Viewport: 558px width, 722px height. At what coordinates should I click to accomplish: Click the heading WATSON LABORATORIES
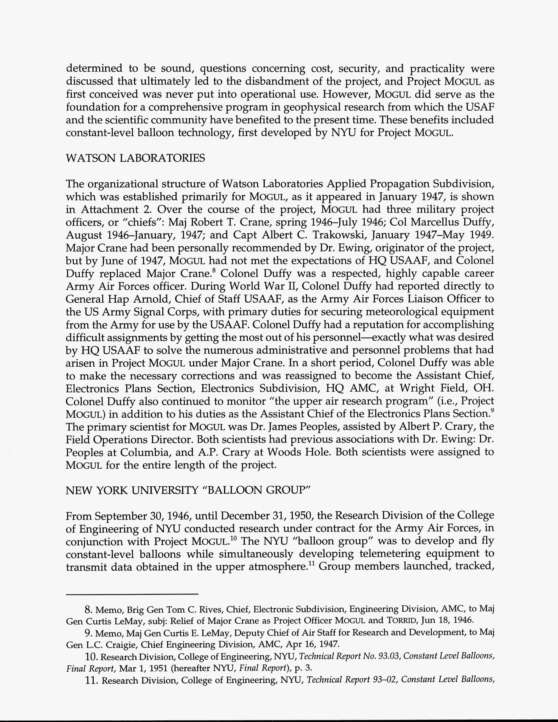135,158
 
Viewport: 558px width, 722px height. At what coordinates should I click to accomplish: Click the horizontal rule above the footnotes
132,594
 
